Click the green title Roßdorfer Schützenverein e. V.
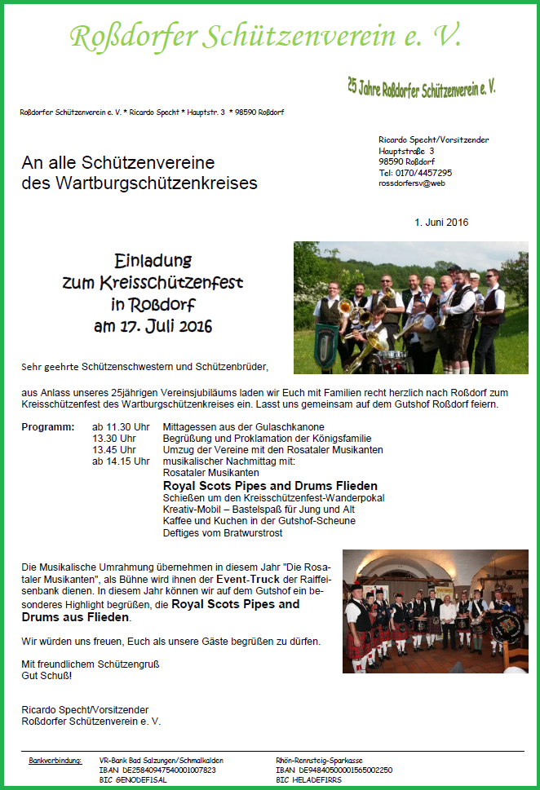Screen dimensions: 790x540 (266, 36)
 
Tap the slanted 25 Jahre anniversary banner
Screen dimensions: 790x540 (421, 87)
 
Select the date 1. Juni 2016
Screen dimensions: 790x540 (441, 222)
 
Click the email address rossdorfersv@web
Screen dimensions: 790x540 (412, 183)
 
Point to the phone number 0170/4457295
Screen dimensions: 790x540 (423, 173)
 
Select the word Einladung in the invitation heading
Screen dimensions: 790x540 (153, 261)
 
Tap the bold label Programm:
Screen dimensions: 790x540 (48, 427)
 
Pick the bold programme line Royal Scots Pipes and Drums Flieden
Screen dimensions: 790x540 (259, 486)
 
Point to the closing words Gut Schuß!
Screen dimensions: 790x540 (46, 676)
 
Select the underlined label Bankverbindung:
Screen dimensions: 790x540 (55, 760)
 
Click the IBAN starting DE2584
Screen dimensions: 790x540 (157, 770)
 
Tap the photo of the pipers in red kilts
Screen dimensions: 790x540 (436, 611)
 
